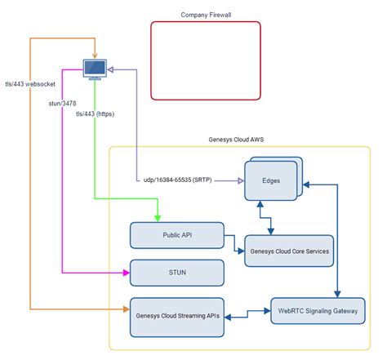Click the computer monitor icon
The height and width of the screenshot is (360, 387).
[95, 69]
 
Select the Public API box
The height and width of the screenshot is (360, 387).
[177, 235]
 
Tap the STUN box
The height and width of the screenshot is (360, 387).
[177, 273]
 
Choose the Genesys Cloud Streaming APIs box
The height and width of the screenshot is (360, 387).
[177, 318]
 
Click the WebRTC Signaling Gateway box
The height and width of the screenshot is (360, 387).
[318, 311]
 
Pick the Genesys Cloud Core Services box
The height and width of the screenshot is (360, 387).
[289, 251]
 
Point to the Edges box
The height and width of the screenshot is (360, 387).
[271, 180]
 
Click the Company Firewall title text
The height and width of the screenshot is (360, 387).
[206, 15]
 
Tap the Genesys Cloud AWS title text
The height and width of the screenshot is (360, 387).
[236, 140]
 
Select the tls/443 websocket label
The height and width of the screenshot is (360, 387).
[30, 84]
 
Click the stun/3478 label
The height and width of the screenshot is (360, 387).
[62, 104]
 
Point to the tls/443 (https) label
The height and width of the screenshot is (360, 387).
[95, 113]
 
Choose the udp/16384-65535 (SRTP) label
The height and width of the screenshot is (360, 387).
[177, 180]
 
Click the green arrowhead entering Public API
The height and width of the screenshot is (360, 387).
[158, 219]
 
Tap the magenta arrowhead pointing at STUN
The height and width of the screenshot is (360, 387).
[127, 273]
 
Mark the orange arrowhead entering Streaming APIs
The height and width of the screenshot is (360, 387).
[127, 309]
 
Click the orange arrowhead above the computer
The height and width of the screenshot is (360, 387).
[95, 56]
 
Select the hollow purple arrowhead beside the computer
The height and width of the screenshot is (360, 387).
[110, 69]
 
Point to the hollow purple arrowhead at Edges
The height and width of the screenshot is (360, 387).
[241, 180]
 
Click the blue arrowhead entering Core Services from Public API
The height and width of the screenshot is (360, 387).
[241, 251]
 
